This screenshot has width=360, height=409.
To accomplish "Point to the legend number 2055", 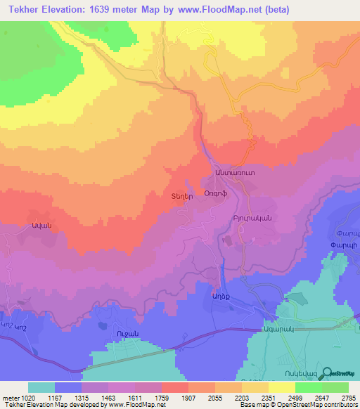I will [x=206, y=396].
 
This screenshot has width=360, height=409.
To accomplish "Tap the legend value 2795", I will [x=347, y=396].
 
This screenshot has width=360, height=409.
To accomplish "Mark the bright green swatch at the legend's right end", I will [x=335, y=387].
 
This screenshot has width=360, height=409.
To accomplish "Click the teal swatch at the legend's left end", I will [x=41, y=387].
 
